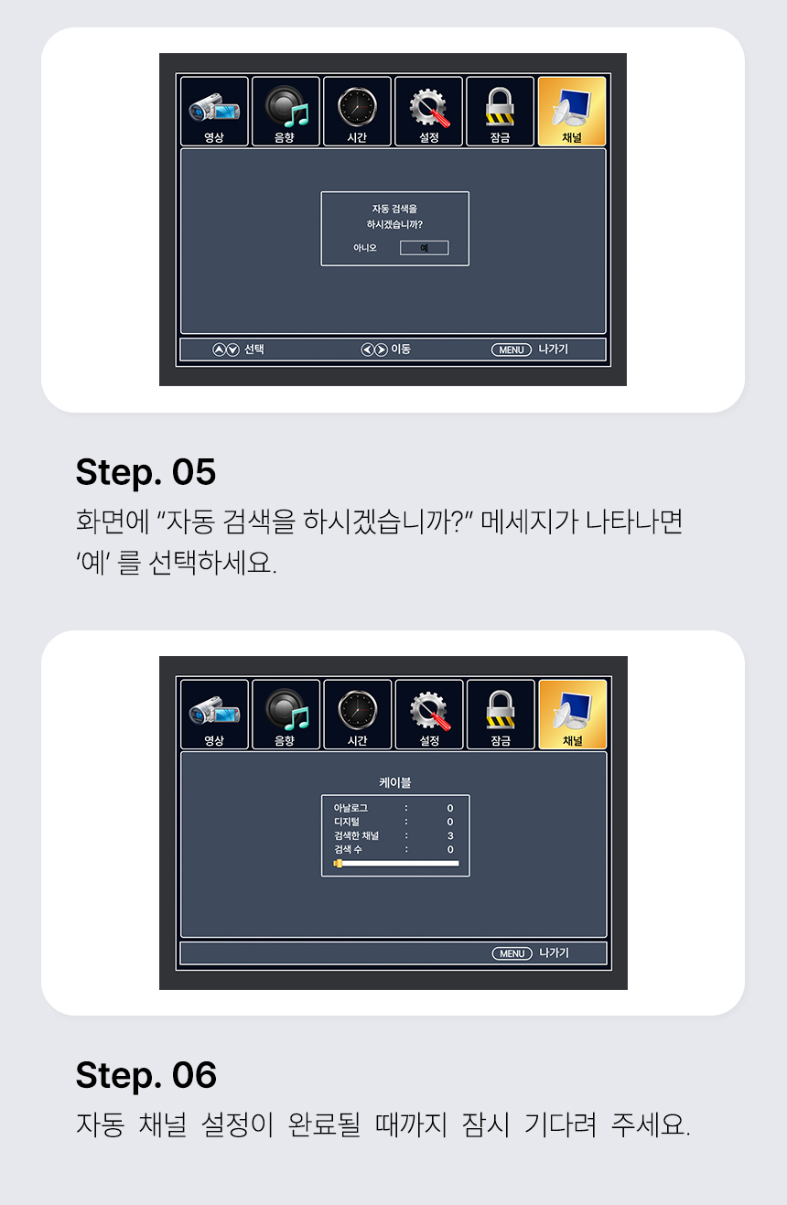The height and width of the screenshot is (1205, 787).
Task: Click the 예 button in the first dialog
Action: click(x=424, y=248)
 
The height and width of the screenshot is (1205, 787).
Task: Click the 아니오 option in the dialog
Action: click(x=365, y=248)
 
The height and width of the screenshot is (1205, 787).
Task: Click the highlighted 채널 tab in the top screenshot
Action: click(x=572, y=112)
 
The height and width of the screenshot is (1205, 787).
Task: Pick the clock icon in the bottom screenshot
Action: click(x=357, y=708)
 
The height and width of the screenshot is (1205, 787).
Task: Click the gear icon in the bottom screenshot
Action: click(x=428, y=708)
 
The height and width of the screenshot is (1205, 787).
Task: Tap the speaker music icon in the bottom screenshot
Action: click(x=286, y=708)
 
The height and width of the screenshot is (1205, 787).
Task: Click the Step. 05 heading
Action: click(x=146, y=472)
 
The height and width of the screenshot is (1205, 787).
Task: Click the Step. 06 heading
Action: click(x=146, y=1075)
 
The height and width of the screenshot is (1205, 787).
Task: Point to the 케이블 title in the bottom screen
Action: click(x=395, y=782)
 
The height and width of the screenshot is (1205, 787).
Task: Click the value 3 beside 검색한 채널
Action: click(x=450, y=836)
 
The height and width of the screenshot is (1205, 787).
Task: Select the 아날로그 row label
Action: click(x=350, y=809)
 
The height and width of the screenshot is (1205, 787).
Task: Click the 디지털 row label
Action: click(x=347, y=823)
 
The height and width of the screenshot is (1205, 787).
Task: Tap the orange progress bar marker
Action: click(x=338, y=863)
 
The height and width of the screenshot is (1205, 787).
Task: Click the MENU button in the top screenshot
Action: click(x=512, y=350)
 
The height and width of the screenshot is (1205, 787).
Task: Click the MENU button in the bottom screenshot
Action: click(x=512, y=953)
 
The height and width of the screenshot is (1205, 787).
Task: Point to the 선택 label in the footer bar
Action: click(x=254, y=350)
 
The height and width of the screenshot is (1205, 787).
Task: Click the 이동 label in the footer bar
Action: click(x=401, y=350)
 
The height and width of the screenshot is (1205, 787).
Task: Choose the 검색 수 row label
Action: click(x=348, y=850)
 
